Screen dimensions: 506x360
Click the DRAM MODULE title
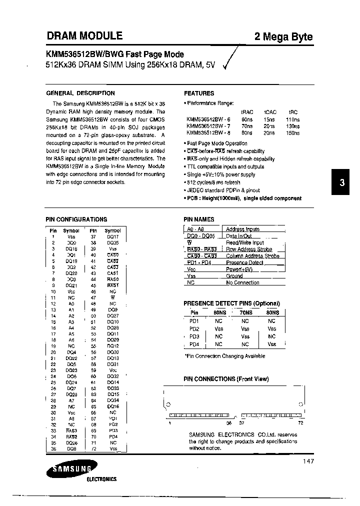point(84,36)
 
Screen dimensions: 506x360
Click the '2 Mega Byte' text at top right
point(284,37)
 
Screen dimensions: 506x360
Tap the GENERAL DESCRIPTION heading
point(80,93)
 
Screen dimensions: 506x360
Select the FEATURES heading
point(199,93)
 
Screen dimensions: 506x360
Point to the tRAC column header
point(247,112)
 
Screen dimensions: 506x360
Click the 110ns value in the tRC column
point(293,119)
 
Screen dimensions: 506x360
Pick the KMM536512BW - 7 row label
point(208,126)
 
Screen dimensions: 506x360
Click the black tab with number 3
point(342,183)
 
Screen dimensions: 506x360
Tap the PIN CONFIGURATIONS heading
point(76,219)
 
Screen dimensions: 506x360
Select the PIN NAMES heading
point(199,219)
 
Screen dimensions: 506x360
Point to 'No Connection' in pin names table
point(242,282)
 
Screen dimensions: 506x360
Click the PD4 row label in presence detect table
point(194,344)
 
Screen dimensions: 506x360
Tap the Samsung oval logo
point(69,468)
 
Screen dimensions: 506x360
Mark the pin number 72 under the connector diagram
point(300,422)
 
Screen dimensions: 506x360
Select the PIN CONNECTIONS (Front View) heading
point(226,379)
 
